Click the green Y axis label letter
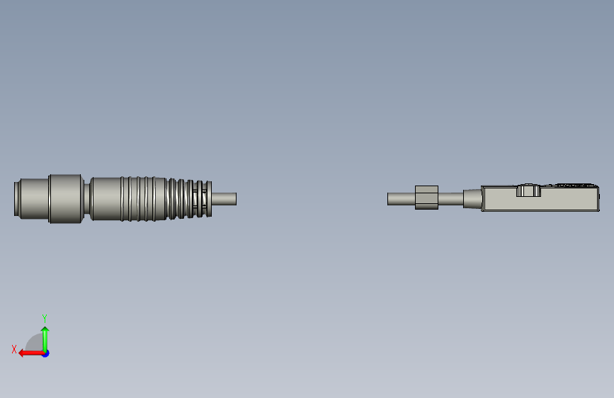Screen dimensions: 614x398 point(45,318)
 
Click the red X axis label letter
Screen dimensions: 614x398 point(14,349)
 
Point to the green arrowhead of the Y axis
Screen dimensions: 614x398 point(45,329)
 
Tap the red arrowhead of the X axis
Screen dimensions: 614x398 point(22,353)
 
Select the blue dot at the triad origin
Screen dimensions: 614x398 point(46,353)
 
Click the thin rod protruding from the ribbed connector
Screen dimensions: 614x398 point(224,198)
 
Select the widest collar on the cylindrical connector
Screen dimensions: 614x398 point(66,198)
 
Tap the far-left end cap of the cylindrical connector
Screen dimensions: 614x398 point(16,198)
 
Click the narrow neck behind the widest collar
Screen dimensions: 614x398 point(87,198)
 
